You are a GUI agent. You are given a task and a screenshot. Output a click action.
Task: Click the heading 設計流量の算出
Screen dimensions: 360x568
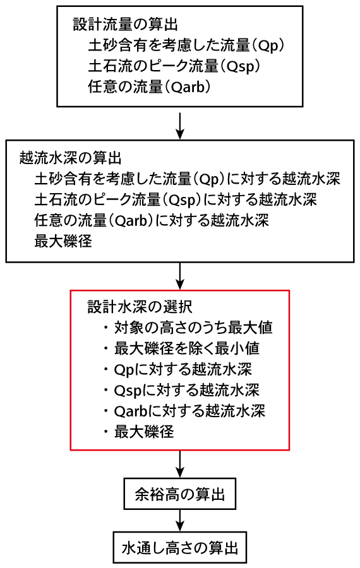coord(126,25)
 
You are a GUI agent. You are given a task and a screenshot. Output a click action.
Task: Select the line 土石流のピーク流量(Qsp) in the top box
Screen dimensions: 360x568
coord(174,66)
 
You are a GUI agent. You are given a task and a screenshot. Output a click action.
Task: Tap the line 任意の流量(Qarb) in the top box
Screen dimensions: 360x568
coord(149,87)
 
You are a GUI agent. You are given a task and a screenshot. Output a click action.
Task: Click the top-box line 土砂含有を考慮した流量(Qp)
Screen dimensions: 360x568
coord(186,45)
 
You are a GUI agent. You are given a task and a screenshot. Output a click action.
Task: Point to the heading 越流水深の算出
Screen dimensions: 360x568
coord(70,158)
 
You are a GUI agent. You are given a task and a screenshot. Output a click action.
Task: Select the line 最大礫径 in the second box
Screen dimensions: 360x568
coord(63,241)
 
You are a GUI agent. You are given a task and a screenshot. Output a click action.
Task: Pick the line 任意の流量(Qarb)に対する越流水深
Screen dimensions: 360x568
coord(152,220)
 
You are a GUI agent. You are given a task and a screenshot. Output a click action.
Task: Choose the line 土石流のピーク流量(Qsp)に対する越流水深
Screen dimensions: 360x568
coord(176,199)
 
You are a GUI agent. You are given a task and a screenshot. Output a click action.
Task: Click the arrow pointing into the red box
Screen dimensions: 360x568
coord(180,276)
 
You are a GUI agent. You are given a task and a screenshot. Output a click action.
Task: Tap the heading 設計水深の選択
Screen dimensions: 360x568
coord(140,307)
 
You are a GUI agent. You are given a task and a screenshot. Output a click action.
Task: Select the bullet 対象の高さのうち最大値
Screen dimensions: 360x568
coord(188,328)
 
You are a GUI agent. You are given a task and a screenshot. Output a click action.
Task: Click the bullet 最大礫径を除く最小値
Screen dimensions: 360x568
coord(181,348)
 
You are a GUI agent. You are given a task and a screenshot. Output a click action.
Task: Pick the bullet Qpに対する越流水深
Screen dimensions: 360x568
coord(177,369)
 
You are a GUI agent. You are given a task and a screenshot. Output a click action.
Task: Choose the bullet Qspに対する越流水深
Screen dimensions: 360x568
coord(181,390)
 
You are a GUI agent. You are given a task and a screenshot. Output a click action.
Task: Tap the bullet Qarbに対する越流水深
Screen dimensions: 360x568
coord(184,411)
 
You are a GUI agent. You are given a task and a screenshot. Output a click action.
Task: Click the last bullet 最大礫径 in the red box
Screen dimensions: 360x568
coord(138,432)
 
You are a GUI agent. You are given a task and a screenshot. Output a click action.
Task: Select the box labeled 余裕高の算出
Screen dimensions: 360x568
coord(180,494)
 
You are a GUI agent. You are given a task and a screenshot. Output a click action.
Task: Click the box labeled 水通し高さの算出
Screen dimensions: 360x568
coord(180,547)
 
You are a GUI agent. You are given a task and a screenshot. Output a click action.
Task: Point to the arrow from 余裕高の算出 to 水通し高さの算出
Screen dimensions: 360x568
coord(180,521)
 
